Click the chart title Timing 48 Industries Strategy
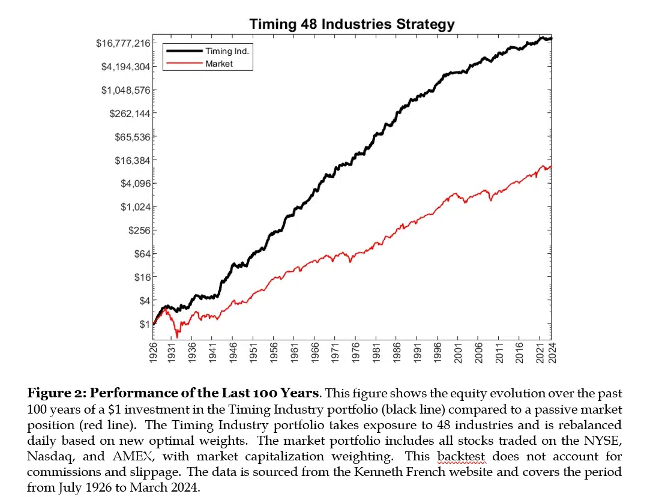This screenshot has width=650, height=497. [x=352, y=25]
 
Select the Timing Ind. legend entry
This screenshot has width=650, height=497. [x=227, y=51]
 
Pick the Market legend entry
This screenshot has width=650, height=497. [x=218, y=63]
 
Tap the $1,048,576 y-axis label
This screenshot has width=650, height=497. [x=125, y=90]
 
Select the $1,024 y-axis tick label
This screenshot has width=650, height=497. [x=136, y=207]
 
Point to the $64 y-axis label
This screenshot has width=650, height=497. [x=140, y=254]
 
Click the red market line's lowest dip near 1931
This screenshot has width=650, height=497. [x=177, y=337]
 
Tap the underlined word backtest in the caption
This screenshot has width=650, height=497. [x=461, y=457]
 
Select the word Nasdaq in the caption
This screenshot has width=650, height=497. [x=48, y=457]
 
